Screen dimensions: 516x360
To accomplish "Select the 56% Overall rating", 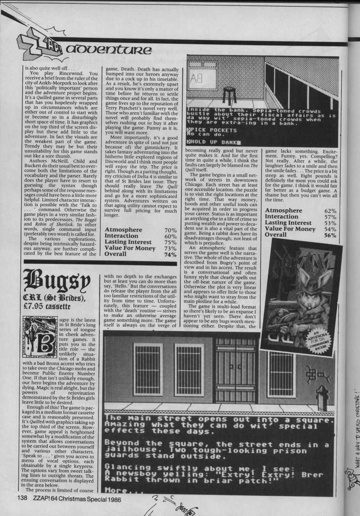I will (330, 235).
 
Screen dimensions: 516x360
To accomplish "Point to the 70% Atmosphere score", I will (172, 229).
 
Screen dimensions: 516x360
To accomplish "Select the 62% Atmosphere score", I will (330, 210).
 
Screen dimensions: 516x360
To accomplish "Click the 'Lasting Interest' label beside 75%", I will (128, 242).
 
